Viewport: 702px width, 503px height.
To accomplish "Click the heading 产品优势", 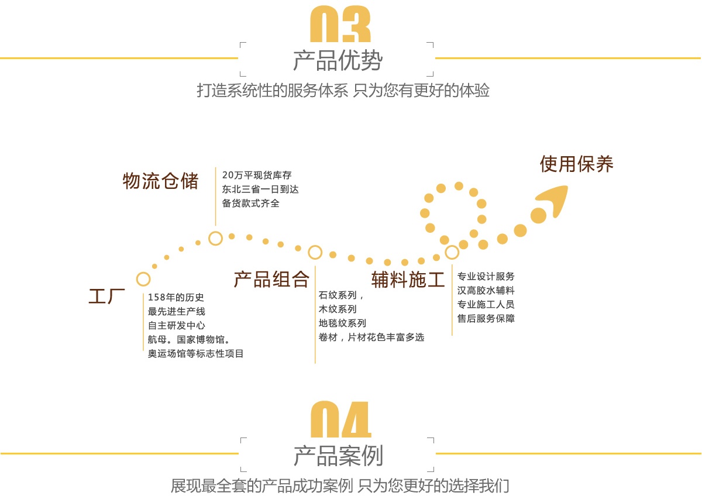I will (x=338, y=61).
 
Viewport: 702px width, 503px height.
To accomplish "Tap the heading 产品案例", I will (x=338, y=456).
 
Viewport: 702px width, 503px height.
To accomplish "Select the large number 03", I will (x=340, y=25).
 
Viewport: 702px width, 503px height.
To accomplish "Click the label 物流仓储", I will (x=160, y=181).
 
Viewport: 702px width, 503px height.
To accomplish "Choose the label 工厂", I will (x=107, y=296).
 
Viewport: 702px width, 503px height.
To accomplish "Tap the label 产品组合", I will (x=271, y=280).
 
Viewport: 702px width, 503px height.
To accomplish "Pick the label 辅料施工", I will (x=408, y=280).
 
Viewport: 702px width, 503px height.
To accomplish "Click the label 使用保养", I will (x=576, y=164).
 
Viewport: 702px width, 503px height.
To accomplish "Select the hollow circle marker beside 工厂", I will (x=143, y=279).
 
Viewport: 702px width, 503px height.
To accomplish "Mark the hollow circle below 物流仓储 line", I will (x=215, y=238).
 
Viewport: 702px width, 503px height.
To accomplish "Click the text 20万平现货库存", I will (x=257, y=175).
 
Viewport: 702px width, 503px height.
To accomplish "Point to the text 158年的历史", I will (x=176, y=297).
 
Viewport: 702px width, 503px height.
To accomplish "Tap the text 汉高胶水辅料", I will (x=486, y=290).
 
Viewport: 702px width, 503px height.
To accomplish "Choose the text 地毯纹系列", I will (x=342, y=323).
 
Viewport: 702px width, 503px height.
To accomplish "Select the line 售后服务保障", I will (x=486, y=318).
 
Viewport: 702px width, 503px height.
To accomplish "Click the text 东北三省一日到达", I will (x=260, y=189).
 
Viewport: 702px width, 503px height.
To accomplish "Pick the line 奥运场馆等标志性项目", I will (x=196, y=353).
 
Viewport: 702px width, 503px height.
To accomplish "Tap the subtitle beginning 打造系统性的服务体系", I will (x=343, y=91).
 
